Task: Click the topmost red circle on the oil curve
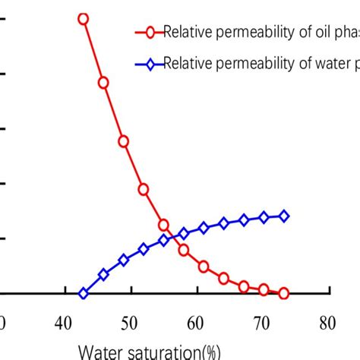click(x=84, y=18)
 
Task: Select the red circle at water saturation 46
click(x=103, y=82)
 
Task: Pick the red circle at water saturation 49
click(x=123, y=141)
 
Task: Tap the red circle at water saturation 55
click(x=163, y=225)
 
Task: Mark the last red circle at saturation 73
click(x=284, y=293)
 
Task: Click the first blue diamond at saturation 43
click(x=84, y=293)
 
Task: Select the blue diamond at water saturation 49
click(x=123, y=260)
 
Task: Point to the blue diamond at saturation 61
click(x=204, y=228)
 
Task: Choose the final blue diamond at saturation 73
click(x=284, y=216)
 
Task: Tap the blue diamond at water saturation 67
click(x=244, y=220)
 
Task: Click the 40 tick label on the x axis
click(x=67, y=322)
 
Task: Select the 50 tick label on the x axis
click(x=132, y=322)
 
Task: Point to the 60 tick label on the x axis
click(x=197, y=322)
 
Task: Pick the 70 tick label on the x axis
click(x=263, y=322)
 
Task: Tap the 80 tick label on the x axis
click(x=327, y=322)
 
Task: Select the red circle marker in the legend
click(x=150, y=32)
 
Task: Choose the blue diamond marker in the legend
click(x=150, y=64)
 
